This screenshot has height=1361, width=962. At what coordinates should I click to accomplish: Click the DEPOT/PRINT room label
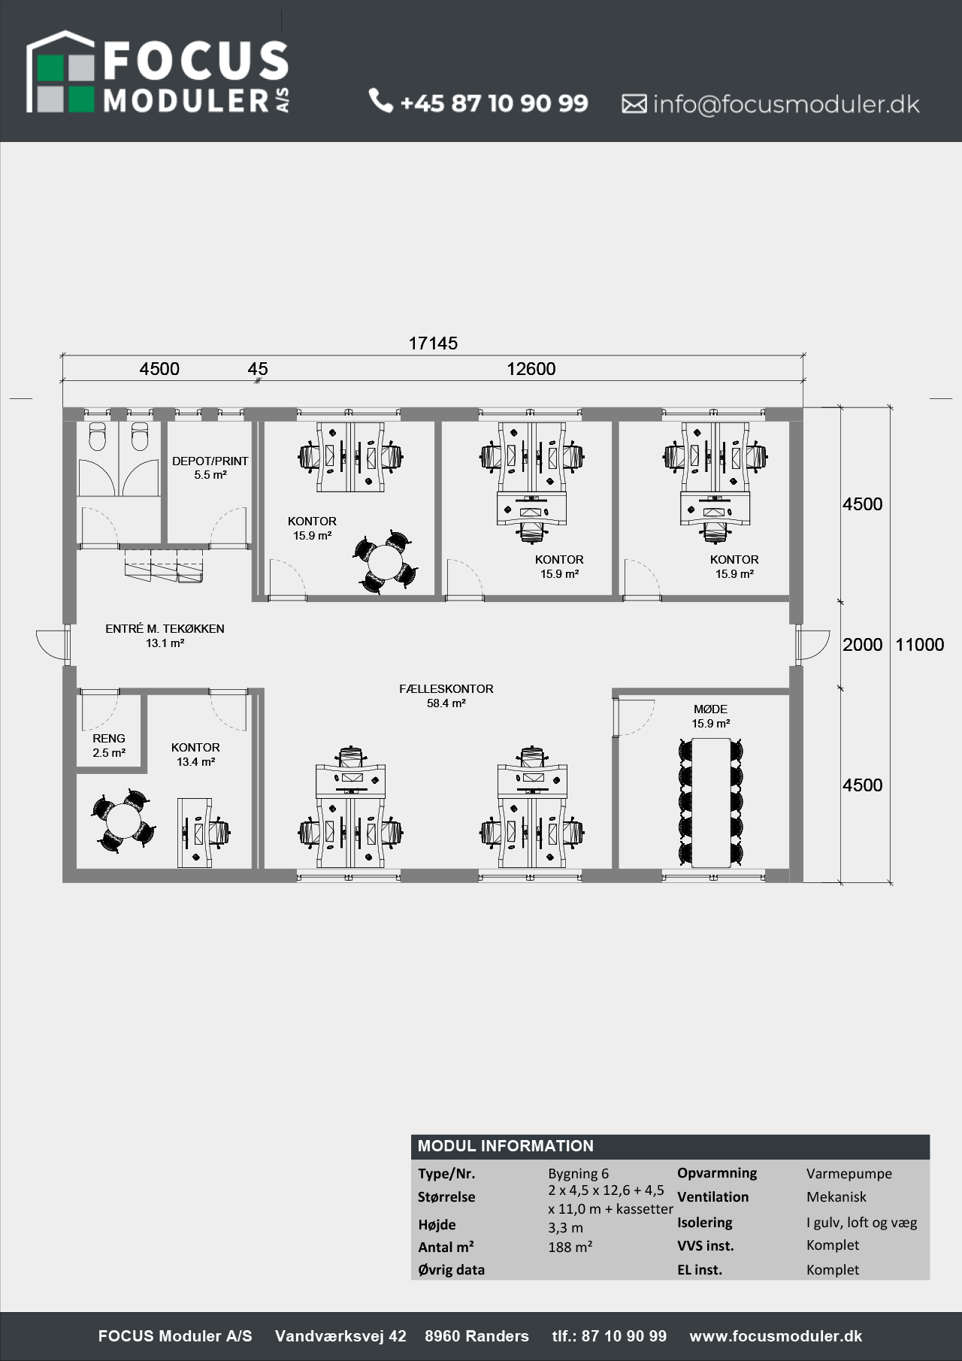tap(210, 461)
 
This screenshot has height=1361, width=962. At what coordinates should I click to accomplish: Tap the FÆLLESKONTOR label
tap(446, 688)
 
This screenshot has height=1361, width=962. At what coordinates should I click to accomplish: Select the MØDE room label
tap(710, 709)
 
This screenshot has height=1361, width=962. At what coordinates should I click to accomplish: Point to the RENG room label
tap(109, 738)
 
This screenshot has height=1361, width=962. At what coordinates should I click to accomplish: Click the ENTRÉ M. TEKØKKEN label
tap(165, 628)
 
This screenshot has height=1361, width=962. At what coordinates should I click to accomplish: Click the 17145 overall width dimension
tap(433, 343)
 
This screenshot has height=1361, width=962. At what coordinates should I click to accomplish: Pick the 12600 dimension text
tap(531, 369)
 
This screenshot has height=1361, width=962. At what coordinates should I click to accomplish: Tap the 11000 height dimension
tap(920, 645)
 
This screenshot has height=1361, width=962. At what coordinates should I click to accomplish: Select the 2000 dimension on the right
tap(863, 645)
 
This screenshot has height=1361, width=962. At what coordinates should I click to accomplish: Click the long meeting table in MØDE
tap(711, 801)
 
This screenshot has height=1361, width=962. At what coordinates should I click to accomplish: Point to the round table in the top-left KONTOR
tap(384, 561)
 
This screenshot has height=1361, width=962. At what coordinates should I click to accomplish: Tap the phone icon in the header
tap(381, 101)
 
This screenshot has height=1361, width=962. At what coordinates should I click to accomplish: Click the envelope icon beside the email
tap(634, 104)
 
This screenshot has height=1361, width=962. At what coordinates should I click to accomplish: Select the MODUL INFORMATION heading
tap(506, 1146)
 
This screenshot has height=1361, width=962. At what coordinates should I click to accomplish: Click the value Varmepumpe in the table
tap(849, 1173)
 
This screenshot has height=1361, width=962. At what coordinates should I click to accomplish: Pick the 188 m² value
tap(570, 1247)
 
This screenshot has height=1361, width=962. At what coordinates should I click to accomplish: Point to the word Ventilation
tap(713, 1196)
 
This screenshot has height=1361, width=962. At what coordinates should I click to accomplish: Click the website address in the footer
tap(776, 1335)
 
